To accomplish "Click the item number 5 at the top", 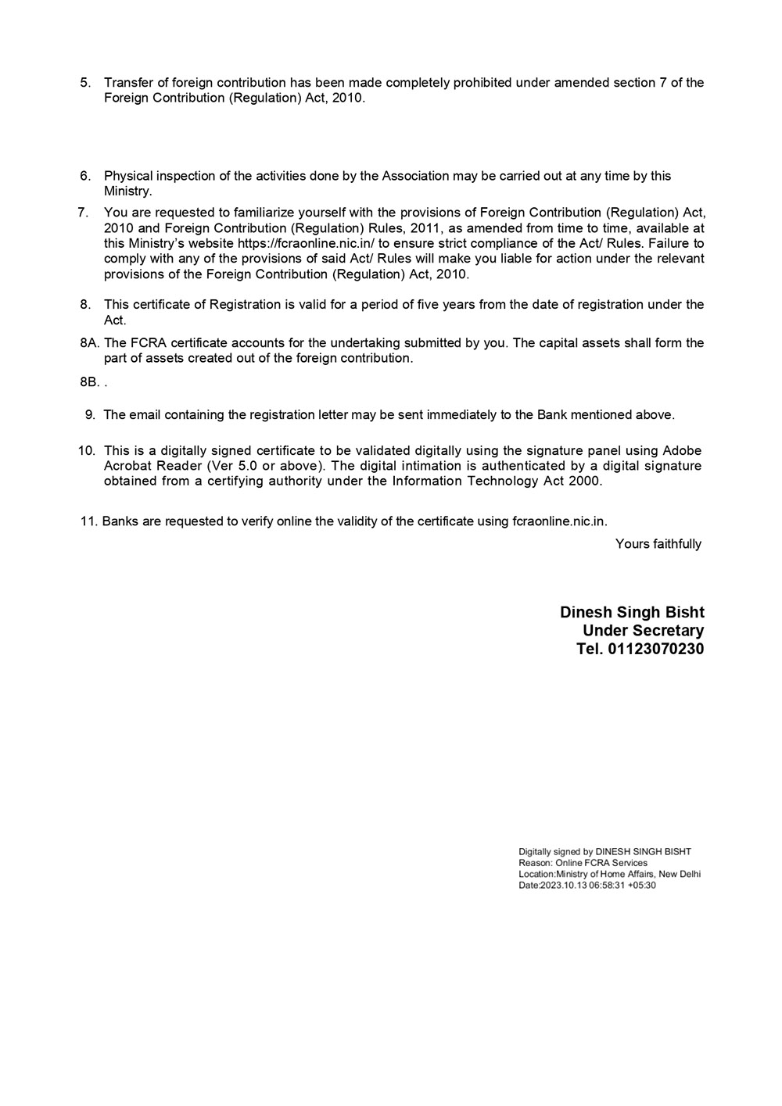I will (86, 83).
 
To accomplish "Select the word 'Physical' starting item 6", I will (127, 176).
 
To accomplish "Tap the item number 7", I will (83, 213).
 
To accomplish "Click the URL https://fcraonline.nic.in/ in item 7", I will (307, 243).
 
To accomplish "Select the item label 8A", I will (88, 343).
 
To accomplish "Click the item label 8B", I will (88, 382).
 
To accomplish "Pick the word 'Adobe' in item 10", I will (682, 451).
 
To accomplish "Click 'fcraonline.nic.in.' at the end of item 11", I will (560, 521).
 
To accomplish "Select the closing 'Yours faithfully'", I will (658, 544).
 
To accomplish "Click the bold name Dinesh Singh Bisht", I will (632, 613).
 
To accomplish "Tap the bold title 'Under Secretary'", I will (643, 631).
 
